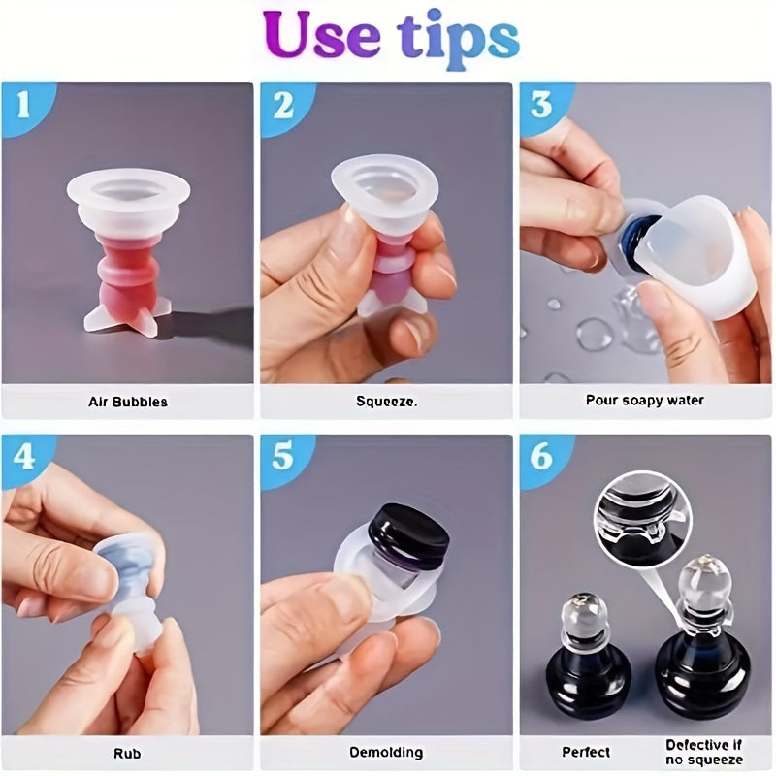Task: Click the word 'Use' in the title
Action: pyautogui.click(x=322, y=36)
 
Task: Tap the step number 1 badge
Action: pyautogui.click(x=25, y=106)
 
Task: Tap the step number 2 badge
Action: pyautogui.click(x=283, y=106)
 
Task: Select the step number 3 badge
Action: pyautogui.click(x=541, y=106)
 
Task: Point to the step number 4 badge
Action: pyautogui.click(x=25, y=457)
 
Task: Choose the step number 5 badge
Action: pyautogui.click(x=283, y=457)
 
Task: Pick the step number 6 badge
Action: pyautogui.click(x=541, y=457)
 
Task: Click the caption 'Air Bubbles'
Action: pyautogui.click(x=128, y=402)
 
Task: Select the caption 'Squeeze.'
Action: pyautogui.click(x=386, y=401)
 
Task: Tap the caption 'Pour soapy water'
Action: pyautogui.click(x=644, y=400)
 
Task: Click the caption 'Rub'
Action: pyautogui.click(x=127, y=754)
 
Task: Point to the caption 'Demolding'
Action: pyautogui.click(x=386, y=753)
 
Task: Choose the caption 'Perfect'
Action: pyautogui.click(x=586, y=753)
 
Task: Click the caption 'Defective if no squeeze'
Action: pyautogui.click(x=704, y=753)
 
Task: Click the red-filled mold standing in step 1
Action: pyautogui.click(x=129, y=252)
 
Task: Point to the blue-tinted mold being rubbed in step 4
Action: pyautogui.click(x=130, y=593)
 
